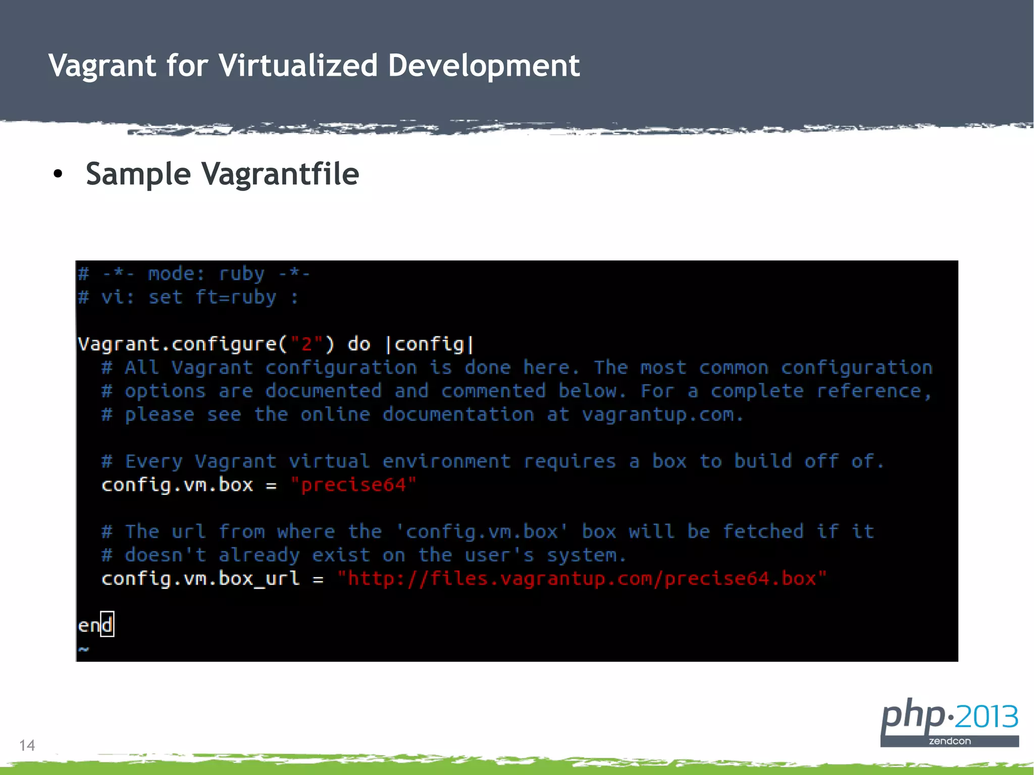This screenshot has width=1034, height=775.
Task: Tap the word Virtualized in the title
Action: pos(298,66)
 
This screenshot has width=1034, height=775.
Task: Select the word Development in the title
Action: pos(484,66)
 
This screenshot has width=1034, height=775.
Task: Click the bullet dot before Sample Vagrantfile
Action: pos(58,175)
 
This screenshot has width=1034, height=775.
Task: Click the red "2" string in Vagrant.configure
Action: pos(306,344)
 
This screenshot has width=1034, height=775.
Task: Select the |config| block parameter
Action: pos(430,344)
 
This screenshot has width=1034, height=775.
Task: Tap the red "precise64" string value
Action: pos(353,485)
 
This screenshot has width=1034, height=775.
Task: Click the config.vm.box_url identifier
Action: pos(200,579)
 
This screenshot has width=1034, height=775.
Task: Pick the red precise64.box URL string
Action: pos(582,579)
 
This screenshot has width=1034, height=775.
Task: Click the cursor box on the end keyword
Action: pos(107,625)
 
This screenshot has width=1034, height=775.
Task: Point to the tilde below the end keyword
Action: pos(84,649)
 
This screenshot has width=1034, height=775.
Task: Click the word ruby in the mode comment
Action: pos(241,274)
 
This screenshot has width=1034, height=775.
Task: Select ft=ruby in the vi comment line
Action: pos(236,297)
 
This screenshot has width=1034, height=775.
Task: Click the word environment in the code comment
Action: pos(447,461)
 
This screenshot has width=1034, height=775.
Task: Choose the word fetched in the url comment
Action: pos(763,532)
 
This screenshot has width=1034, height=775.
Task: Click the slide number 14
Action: pos(27,745)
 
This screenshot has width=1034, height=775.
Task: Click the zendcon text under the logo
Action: pos(950,741)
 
